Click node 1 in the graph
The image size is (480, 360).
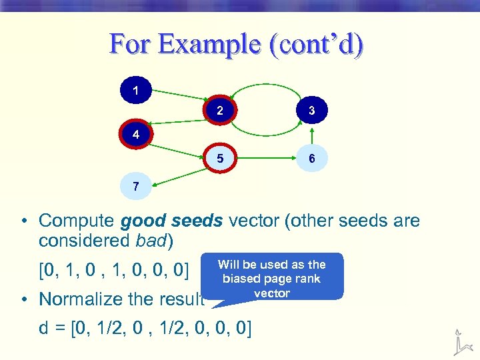(x=136, y=90)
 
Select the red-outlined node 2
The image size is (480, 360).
(x=220, y=111)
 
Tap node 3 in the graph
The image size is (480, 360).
(x=311, y=111)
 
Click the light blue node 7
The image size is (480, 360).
(x=136, y=186)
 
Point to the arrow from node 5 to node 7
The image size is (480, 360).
(x=178, y=173)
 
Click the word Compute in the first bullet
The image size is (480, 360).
(x=78, y=221)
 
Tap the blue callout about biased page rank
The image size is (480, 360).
(x=272, y=276)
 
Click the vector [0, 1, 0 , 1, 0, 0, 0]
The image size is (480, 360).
(x=114, y=271)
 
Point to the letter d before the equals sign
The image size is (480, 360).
(x=44, y=328)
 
